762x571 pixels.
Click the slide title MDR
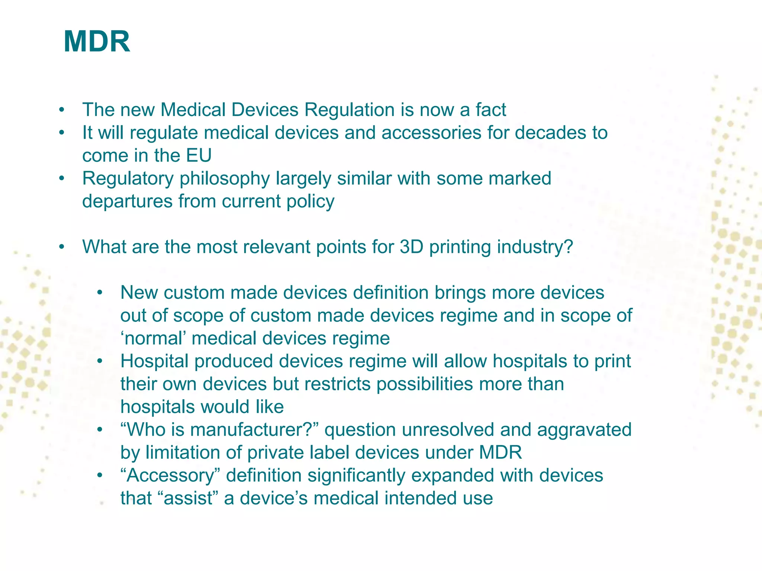click(97, 42)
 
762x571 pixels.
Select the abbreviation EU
click(199, 156)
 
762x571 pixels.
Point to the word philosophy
click(225, 179)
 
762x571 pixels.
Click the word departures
click(127, 201)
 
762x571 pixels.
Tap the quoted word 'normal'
click(153, 339)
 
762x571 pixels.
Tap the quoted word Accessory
click(171, 476)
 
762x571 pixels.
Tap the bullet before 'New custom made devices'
click(99, 293)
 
